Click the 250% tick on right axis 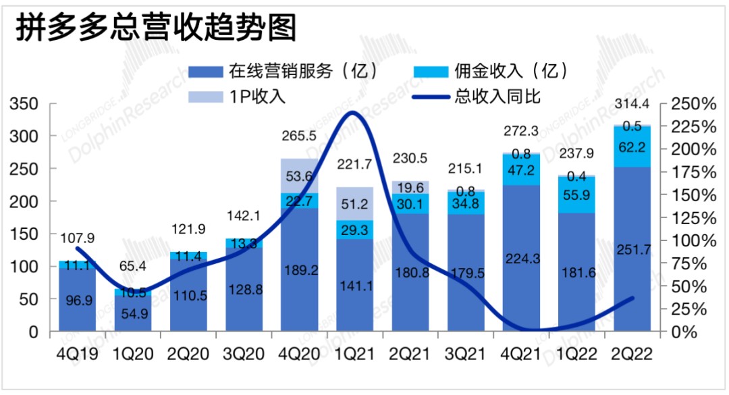(696, 105)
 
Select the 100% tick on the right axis (696, 241)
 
